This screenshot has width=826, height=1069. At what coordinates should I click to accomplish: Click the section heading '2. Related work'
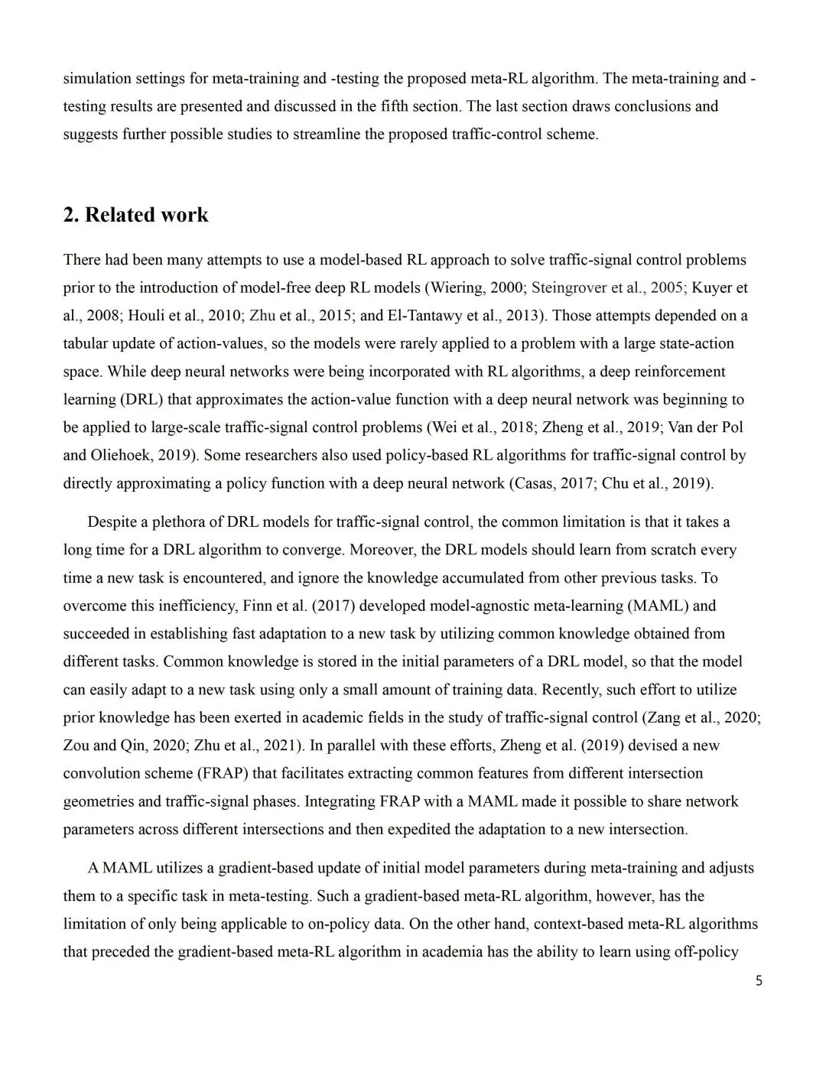pyautogui.click(x=135, y=215)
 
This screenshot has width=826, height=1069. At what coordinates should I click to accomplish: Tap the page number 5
pyautogui.click(x=758, y=981)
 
